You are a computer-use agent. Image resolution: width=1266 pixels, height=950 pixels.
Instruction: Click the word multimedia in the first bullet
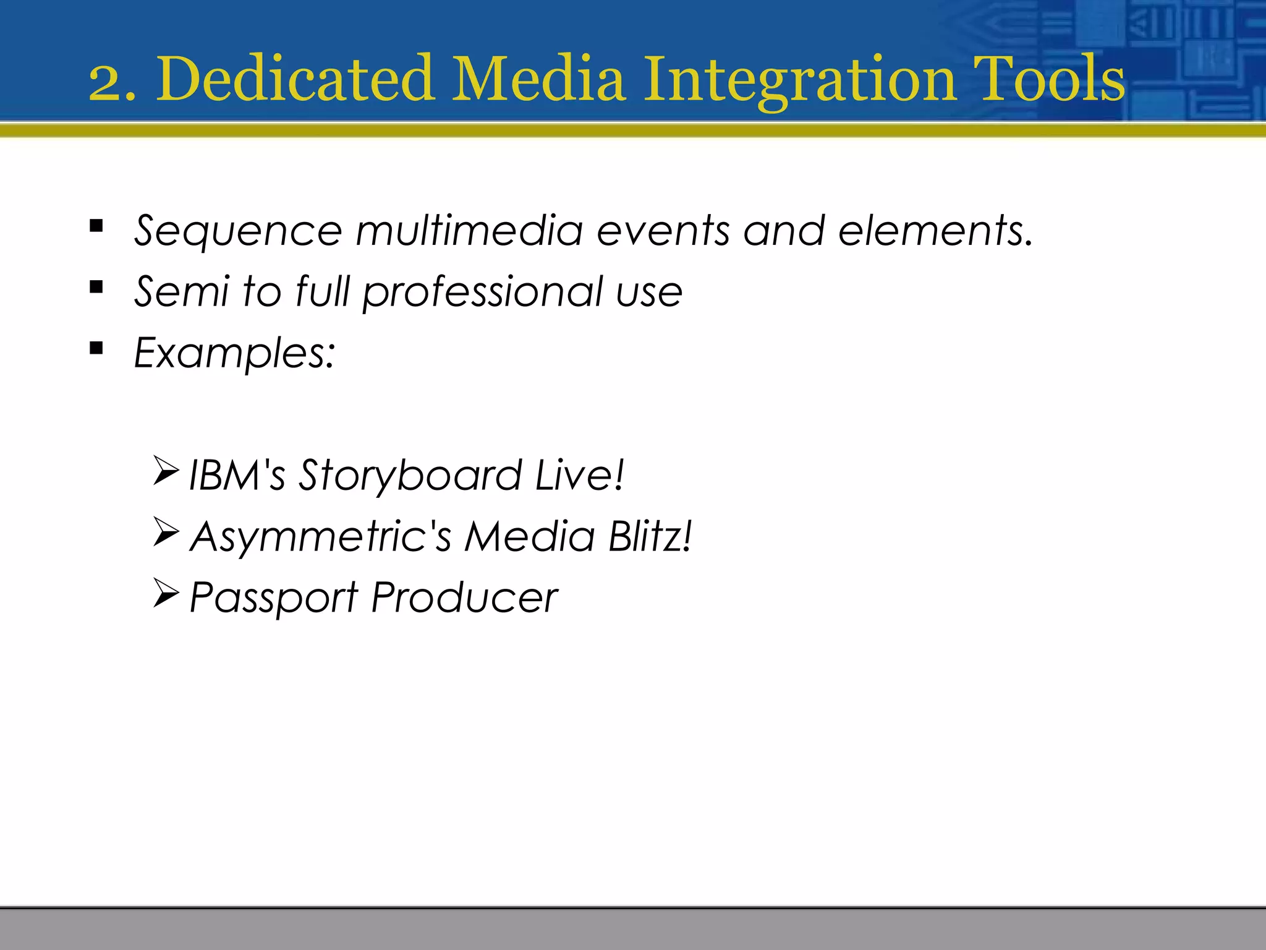pos(469,230)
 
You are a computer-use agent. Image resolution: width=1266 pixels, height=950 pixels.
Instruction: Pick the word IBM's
pos(237,475)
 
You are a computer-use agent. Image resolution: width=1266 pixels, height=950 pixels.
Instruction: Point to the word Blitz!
pos(650,536)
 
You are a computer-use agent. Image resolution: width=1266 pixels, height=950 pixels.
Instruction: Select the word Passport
pos(273,598)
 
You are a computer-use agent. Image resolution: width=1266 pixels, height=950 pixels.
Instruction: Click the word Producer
pos(464,598)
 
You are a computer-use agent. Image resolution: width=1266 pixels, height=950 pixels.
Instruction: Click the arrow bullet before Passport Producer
pos(166,593)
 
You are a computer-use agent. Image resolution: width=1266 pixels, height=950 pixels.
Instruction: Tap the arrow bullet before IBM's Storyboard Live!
pos(166,471)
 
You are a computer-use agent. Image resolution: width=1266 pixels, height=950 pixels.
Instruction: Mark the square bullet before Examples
pos(96,348)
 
